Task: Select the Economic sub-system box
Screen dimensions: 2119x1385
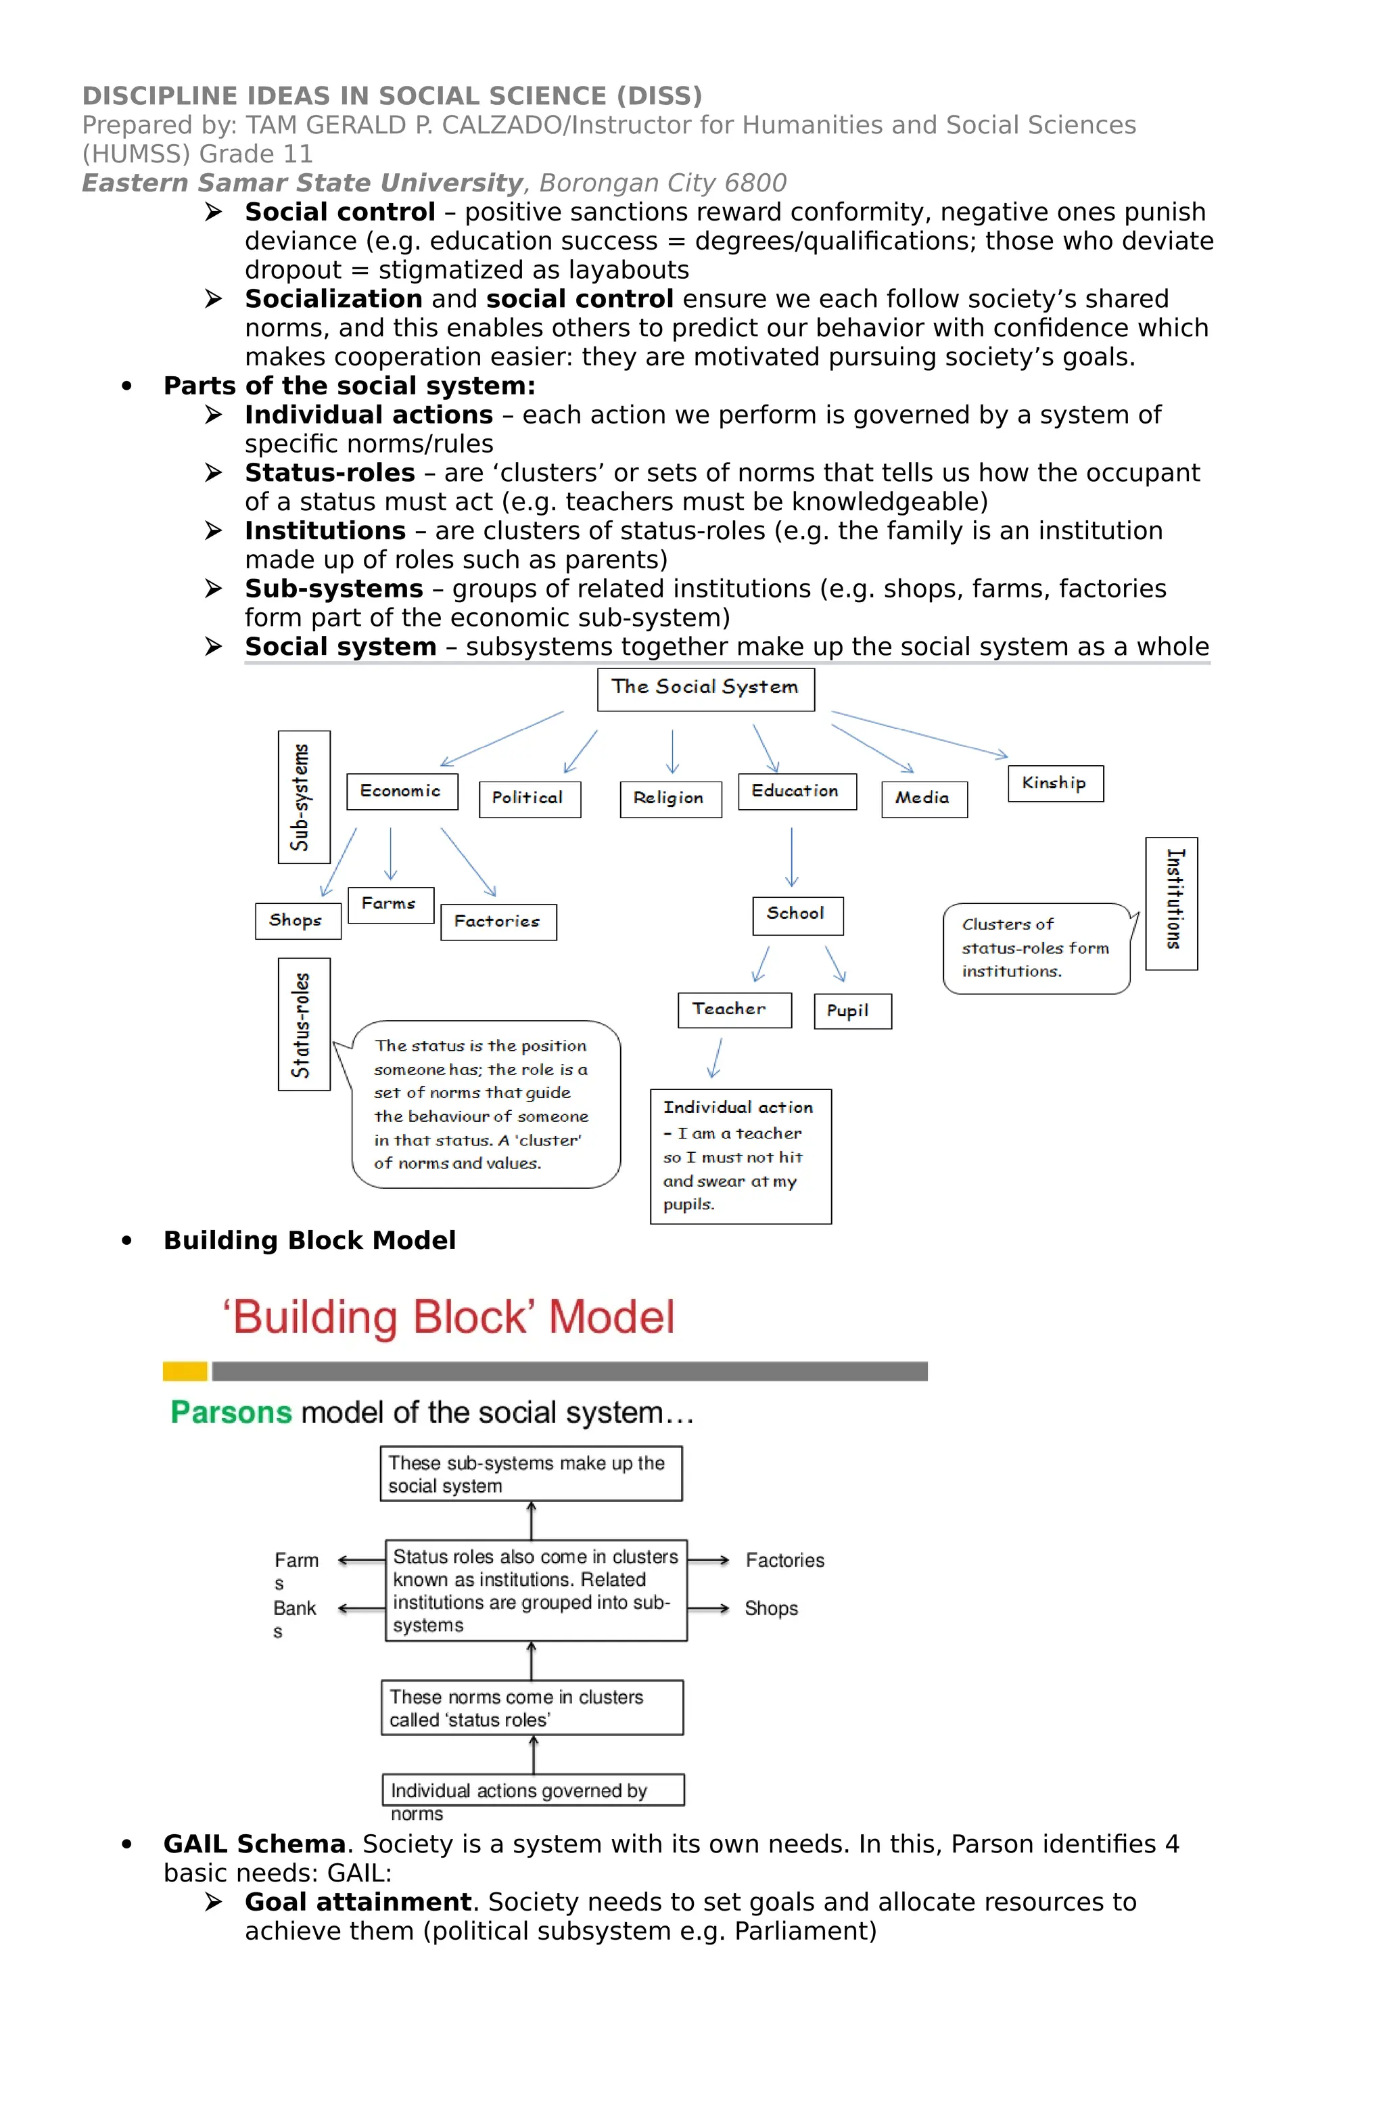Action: (x=402, y=791)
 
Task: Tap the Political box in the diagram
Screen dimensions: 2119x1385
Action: (x=529, y=798)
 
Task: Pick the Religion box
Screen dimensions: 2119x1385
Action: (x=670, y=798)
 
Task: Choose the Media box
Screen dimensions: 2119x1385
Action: (x=923, y=798)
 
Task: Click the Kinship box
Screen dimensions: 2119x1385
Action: (x=1055, y=783)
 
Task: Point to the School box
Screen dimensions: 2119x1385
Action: (x=797, y=914)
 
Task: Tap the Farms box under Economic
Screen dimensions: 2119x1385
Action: (x=390, y=904)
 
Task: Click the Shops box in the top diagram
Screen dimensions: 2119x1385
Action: (x=298, y=921)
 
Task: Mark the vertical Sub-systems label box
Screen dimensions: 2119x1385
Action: (x=304, y=797)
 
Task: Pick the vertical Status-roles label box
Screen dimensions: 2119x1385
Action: (x=304, y=1024)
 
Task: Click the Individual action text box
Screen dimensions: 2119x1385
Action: (x=740, y=1156)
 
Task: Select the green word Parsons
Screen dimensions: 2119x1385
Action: (x=231, y=1412)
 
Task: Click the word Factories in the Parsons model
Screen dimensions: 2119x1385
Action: (x=785, y=1560)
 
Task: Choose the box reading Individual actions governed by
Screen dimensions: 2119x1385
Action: (x=532, y=1790)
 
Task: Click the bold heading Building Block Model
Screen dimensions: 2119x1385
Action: (x=309, y=1240)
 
